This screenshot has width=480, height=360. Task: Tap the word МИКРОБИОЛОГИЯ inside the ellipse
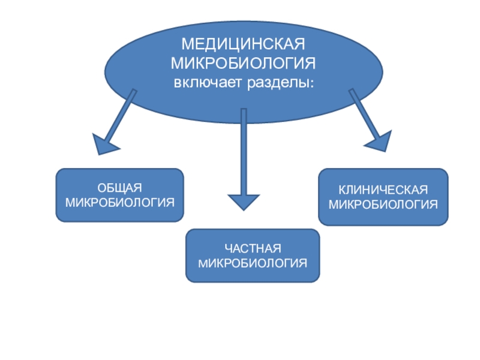pyautogui.click(x=244, y=64)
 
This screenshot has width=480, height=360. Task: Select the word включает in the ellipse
pyautogui.click(x=208, y=81)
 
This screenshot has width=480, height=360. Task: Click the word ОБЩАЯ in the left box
pyautogui.click(x=120, y=190)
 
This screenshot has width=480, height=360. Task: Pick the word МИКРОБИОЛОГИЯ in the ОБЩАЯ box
pyautogui.click(x=120, y=202)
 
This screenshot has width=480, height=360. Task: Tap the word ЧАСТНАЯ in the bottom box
pyautogui.click(x=253, y=250)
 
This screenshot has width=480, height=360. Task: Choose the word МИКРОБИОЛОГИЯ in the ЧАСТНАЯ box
pyautogui.click(x=253, y=263)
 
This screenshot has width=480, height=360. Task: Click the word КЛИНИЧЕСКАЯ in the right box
pyautogui.click(x=383, y=190)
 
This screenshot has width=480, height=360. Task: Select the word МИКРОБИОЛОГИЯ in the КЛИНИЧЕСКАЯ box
pyautogui.click(x=383, y=203)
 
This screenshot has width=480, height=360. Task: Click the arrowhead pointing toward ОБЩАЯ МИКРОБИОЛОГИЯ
pyautogui.click(x=106, y=144)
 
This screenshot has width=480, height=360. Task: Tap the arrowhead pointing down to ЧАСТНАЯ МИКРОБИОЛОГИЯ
pyautogui.click(x=244, y=201)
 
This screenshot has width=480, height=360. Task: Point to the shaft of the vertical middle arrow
pyautogui.click(x=244, y=150)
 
